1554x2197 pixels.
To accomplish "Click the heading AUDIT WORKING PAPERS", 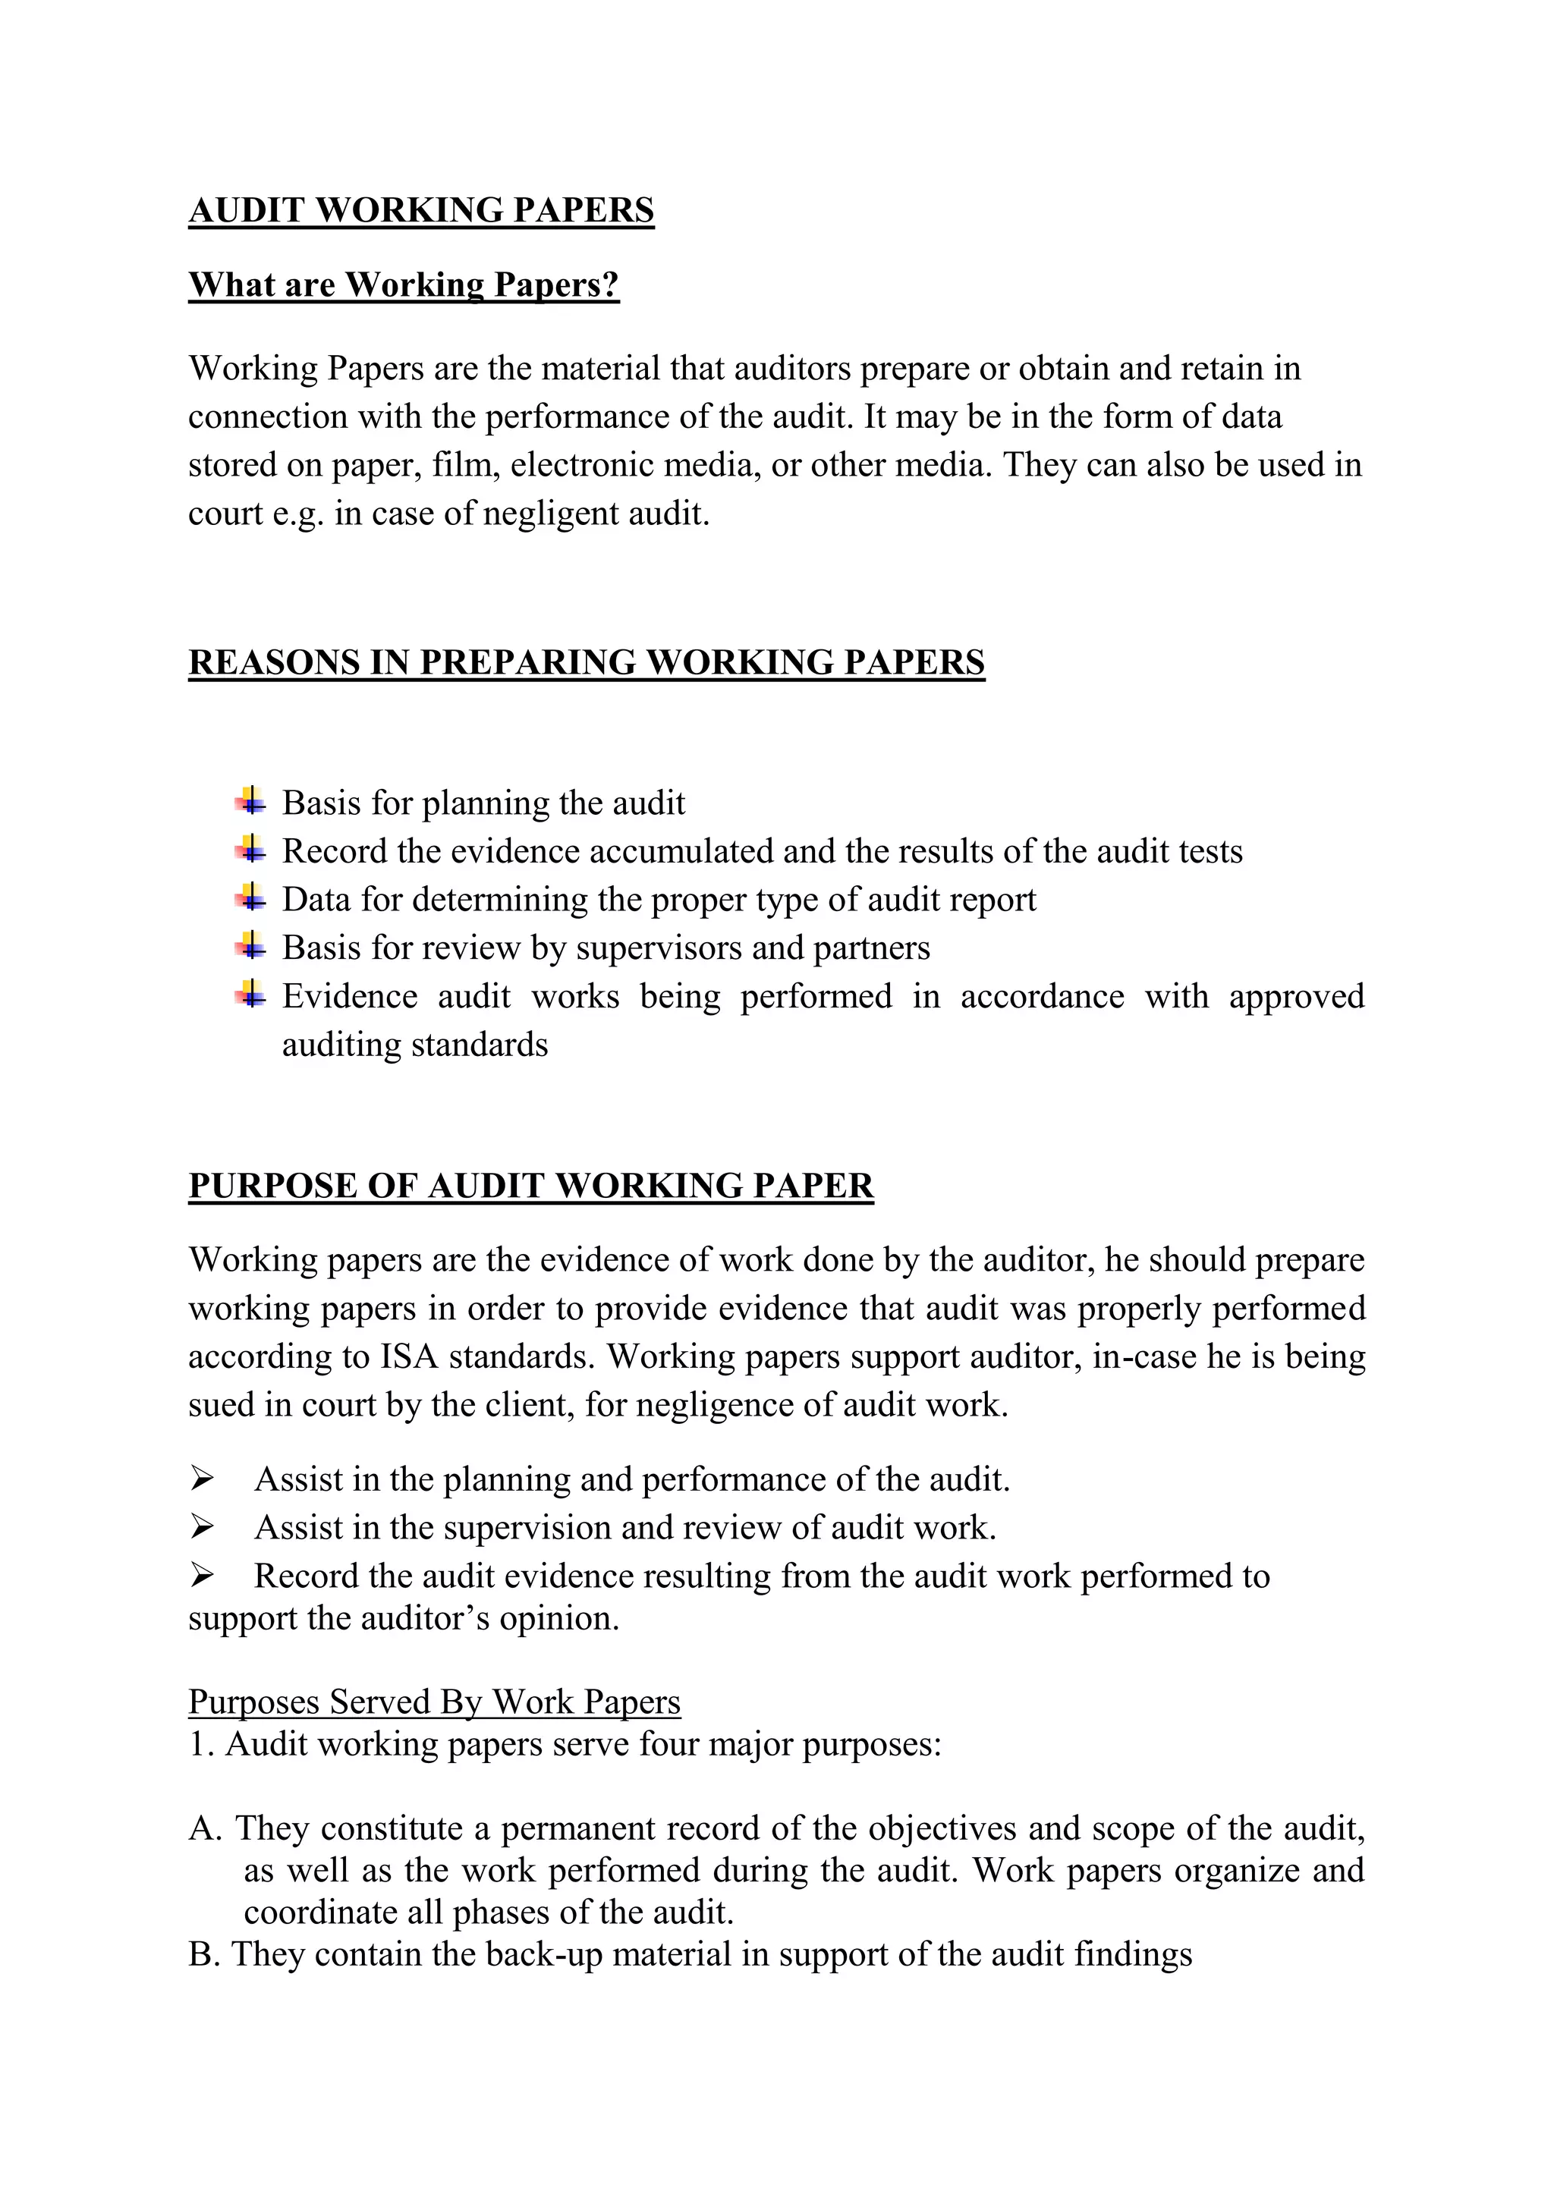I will coord(421,209).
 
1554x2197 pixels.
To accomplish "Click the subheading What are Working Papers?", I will coord(404,284).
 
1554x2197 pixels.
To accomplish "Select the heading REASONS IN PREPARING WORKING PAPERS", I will coord(586,662).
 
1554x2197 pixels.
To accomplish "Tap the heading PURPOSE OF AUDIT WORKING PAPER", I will coord(530,1186).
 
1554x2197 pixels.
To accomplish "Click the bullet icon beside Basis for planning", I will coord(250,801).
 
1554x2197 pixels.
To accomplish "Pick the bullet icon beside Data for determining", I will coord(250,897).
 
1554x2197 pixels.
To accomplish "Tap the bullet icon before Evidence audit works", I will coord(250,995).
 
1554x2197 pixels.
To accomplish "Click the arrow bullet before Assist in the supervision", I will coord(202,1527).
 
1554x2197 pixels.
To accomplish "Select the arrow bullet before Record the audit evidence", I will coord(202,1575).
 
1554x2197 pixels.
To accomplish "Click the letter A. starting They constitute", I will coord(205,1828).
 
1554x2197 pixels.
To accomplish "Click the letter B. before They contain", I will coord(204,1954).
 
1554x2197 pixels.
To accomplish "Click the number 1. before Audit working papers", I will coord(201,1744).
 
